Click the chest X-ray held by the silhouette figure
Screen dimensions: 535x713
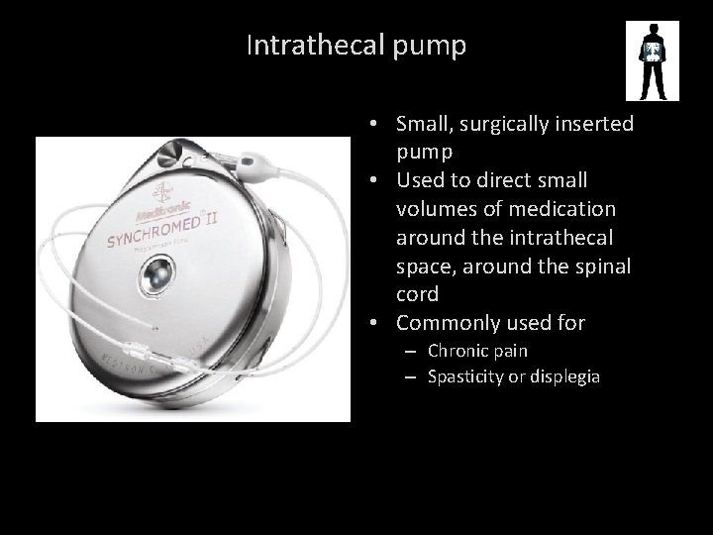coord(652,53)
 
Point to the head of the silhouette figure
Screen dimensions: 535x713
coord(652,30)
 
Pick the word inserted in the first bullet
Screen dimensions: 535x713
coord(596,125)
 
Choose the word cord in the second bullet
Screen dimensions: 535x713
coord(415,294)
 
